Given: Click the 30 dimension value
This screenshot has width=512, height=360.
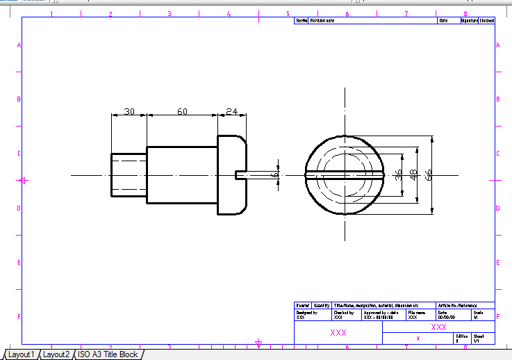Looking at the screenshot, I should (129, 111).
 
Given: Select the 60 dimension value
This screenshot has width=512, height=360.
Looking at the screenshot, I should (182, 111).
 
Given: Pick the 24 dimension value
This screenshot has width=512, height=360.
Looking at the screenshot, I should (232, 111).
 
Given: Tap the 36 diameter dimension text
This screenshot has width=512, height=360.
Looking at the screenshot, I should (398, 175).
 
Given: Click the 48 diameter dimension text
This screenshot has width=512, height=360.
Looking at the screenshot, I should (413, 175).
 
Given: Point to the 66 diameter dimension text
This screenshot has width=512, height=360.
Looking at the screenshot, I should (429, 175).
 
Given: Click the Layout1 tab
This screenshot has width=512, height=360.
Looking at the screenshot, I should (21, 354).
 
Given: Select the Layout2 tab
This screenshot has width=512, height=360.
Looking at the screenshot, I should (56, 354).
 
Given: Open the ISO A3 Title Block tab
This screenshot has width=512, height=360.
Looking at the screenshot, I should (108, 354).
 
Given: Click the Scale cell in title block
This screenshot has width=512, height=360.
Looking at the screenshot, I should (483, 315).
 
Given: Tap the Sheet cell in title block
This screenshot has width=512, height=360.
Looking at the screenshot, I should (483, 338).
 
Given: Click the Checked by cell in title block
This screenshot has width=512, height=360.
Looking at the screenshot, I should (347, 315).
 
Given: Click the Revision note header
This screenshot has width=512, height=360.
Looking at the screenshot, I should (322, 21).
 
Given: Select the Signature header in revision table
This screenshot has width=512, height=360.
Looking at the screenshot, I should (470, 21).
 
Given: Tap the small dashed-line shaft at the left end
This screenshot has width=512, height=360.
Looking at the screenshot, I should (129, 175).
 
